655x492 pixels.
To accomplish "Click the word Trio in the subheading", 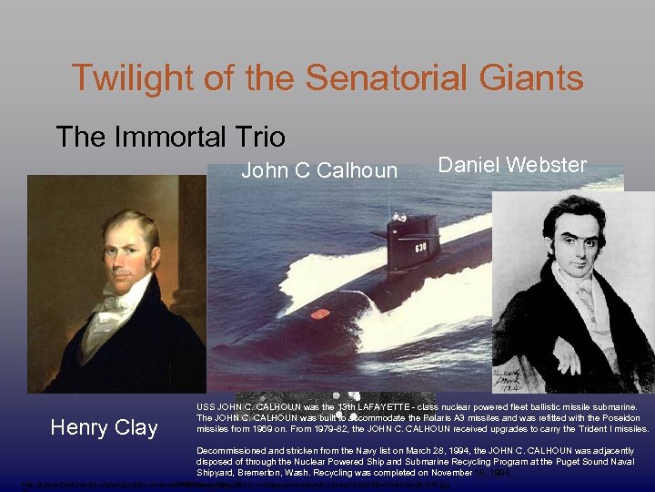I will pyautogui.click(x=263, y=137).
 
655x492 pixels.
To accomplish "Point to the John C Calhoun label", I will pyautogui.click(x=318, y=170).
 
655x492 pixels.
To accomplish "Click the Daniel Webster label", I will pyautogui.click(x=512, y=165).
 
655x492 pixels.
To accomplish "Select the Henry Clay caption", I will pyautogui.click(x=104, y=427).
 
